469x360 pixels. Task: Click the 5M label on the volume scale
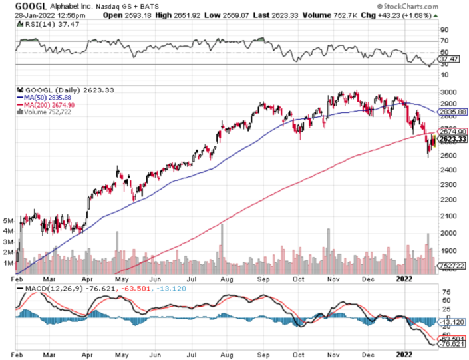[x=9, y=220]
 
